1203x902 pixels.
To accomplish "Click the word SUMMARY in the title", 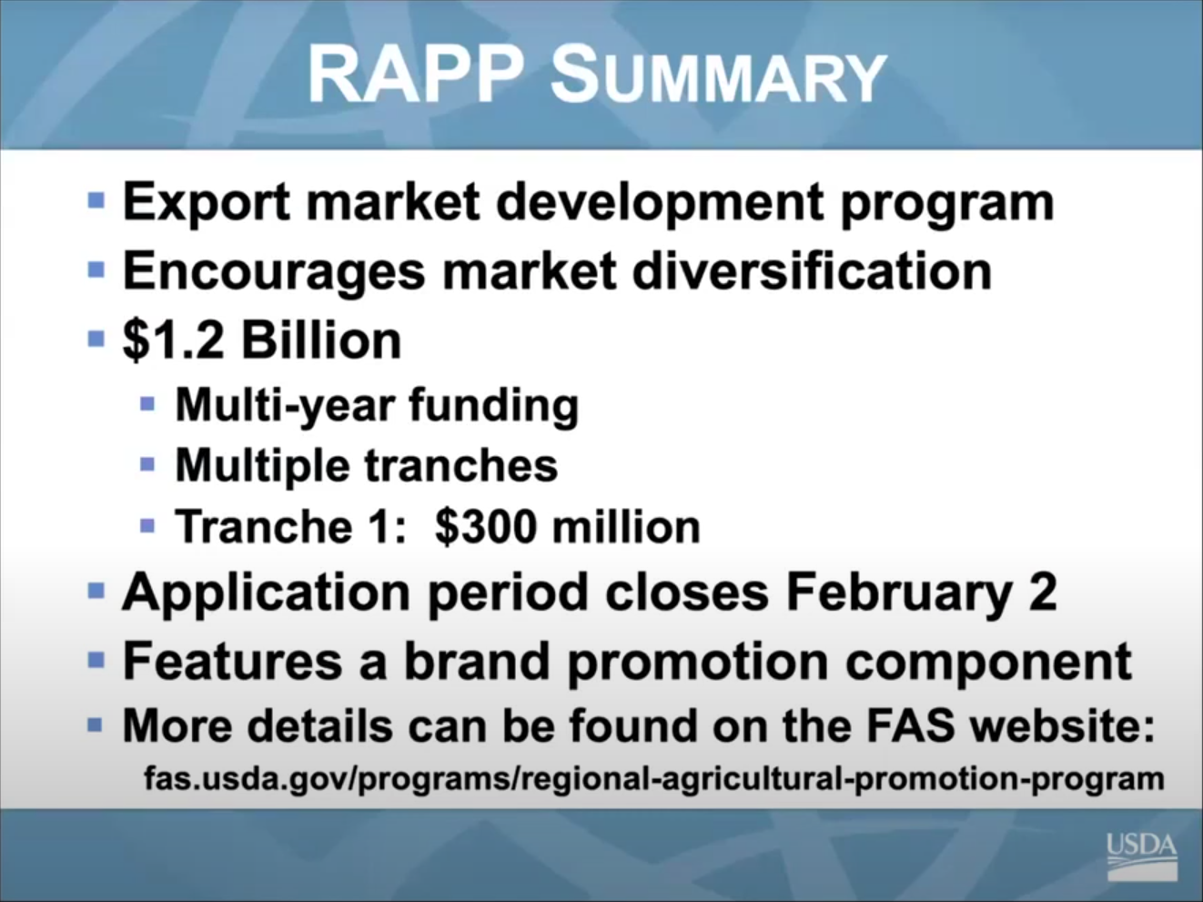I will (x=718, y=76).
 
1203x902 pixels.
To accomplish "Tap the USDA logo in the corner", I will (x=1141, y=855).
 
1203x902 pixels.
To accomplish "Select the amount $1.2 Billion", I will (x=262, y=340).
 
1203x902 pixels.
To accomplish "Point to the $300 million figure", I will (x=568, y=527).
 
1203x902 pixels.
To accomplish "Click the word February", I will (x=898, y=593).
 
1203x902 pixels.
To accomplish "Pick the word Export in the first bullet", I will (x=206, y=201).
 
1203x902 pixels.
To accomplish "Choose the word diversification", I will (x=811, y=270).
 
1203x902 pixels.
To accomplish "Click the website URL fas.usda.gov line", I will (x=653, y=779).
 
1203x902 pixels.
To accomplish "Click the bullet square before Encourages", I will (x=96, y=269).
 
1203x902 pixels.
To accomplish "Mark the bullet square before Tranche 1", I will (x=148, y=525).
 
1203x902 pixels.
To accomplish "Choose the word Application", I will (x=266, y=593).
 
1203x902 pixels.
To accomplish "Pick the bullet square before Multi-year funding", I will (x=148, y=403).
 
